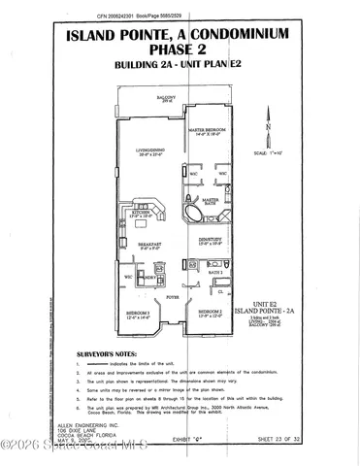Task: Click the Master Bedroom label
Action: click(x=207, y=130)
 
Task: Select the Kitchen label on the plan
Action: click(x=150, y=211)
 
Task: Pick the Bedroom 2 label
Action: click(x=210, y=312)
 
